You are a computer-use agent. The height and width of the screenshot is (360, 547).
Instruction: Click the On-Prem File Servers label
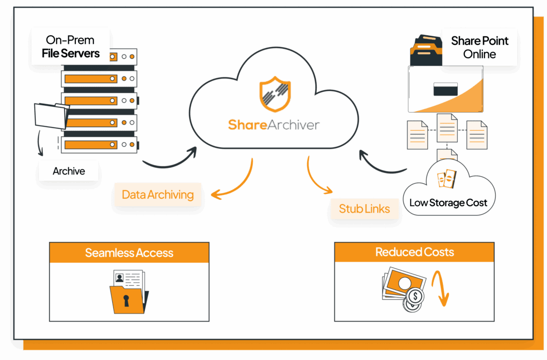[71, 46]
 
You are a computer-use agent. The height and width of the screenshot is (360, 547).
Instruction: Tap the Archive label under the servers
[69, 171]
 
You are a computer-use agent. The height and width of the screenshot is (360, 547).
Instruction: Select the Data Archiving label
[158, 194]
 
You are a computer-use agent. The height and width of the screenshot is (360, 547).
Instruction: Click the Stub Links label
[364, 209]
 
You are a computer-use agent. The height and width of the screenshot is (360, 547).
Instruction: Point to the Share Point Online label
[479, 48]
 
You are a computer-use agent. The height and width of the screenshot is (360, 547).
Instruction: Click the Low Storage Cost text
[448, 202]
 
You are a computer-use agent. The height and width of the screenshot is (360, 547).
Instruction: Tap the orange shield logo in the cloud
[275, 94]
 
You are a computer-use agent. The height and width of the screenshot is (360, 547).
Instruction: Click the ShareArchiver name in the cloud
[274, 125]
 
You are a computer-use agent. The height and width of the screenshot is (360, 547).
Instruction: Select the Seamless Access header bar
[129, 253]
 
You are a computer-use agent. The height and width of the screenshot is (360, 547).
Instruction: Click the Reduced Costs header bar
[415, 252]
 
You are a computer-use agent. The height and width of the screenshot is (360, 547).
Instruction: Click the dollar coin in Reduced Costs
[415, 297]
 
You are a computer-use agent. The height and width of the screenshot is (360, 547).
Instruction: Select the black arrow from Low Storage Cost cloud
[379, 166]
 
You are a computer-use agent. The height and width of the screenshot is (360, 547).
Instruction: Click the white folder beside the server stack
[51, 116]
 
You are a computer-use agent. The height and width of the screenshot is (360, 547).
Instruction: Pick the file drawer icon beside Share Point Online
[426, 50]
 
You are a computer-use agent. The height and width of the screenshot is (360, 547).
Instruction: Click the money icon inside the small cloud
[447, 178]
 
